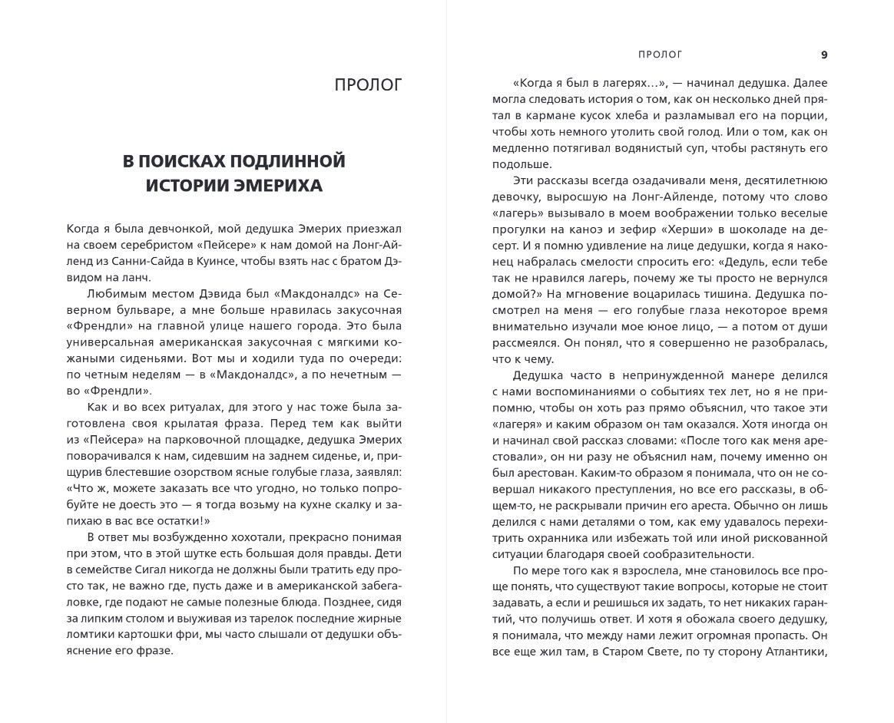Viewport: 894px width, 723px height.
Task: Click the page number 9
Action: point(824,54)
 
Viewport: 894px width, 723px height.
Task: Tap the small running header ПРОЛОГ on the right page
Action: point(660,54)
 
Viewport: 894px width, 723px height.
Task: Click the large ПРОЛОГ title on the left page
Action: point(368,85)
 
